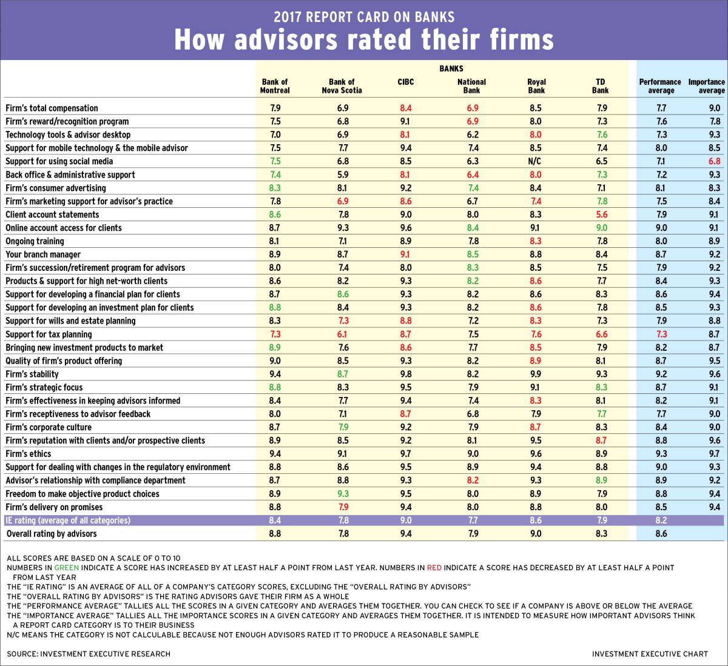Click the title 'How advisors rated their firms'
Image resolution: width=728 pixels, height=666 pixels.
click(x=364, y=40)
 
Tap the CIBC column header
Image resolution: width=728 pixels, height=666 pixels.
click(x=405, y=82)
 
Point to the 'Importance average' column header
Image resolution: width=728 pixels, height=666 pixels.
click(x=706, y=86)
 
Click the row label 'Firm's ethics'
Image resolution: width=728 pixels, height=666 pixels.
click(x=29, y=454)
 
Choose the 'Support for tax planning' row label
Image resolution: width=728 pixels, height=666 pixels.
click(x=49, y=335)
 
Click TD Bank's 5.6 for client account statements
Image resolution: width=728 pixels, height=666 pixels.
click(x=601, y=215)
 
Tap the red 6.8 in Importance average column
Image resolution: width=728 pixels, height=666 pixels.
click(x=714, y=162)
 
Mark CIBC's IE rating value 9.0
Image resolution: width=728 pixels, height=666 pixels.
click(x=405, y=521)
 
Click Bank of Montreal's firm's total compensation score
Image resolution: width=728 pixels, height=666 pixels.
click(x=275, y=108)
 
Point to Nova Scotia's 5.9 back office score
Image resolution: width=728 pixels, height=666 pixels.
click(x=343, y=175)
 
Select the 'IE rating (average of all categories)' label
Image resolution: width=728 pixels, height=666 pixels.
click(x=67, y=521)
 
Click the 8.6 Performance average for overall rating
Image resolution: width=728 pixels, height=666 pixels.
click(x=661, y=534)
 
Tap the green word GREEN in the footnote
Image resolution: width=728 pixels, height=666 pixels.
click(x=67, y=568)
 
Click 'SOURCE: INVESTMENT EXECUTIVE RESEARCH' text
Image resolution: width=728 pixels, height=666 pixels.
click(x=89, y=654)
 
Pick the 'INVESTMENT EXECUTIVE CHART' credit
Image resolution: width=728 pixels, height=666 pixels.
click(x=650, y=654)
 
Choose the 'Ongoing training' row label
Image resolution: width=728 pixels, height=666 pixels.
click(x=35, y=241)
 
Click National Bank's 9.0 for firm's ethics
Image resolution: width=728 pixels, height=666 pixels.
click(x=473, y=454)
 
